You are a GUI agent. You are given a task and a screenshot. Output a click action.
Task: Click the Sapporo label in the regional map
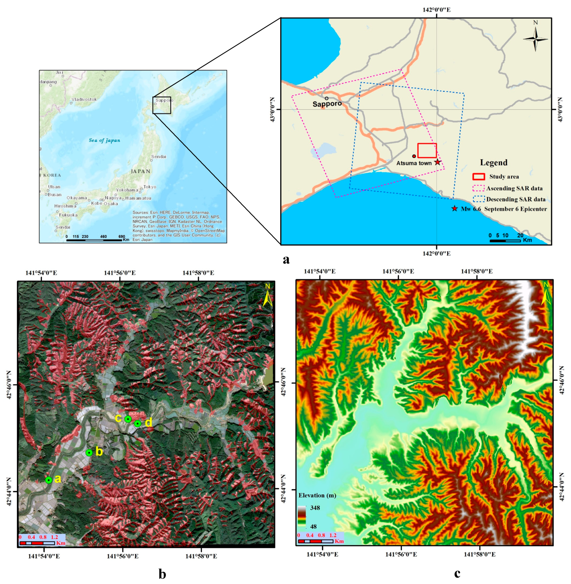327,104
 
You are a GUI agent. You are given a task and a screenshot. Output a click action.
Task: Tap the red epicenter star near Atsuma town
438,162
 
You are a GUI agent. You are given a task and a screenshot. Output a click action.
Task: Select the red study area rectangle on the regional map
427,151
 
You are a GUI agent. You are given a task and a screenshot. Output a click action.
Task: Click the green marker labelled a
49,480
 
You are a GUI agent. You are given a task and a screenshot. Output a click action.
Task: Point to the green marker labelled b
89,453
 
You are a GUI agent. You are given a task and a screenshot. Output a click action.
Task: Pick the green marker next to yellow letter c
128,419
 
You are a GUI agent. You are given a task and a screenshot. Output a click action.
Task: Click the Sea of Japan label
104,140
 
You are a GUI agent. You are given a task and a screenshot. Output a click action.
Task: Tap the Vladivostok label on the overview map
84,99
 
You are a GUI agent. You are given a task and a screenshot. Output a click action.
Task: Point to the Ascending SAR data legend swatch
478,188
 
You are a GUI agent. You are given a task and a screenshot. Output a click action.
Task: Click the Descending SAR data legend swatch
478,199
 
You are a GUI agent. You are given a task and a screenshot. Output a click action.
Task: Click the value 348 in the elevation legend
315,508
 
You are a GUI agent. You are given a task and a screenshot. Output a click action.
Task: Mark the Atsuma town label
414,163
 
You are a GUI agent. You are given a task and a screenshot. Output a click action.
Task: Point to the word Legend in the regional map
494,163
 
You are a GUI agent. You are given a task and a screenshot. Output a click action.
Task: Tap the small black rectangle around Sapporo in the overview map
162,105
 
